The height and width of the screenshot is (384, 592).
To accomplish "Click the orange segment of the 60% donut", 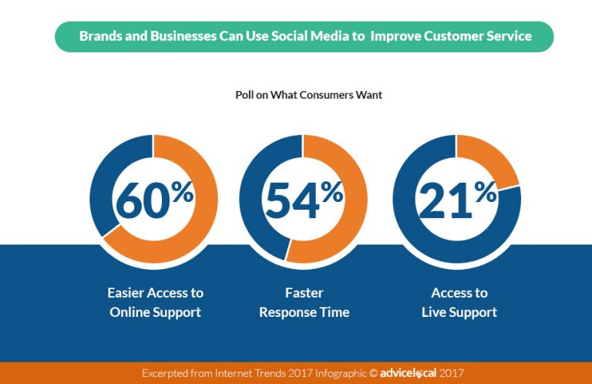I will click(202, 216).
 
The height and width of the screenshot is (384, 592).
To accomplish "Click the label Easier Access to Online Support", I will click(155, 302).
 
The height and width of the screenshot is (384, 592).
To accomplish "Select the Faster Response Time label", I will click(304, 302).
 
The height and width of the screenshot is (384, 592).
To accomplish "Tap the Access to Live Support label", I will click(459, 302).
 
